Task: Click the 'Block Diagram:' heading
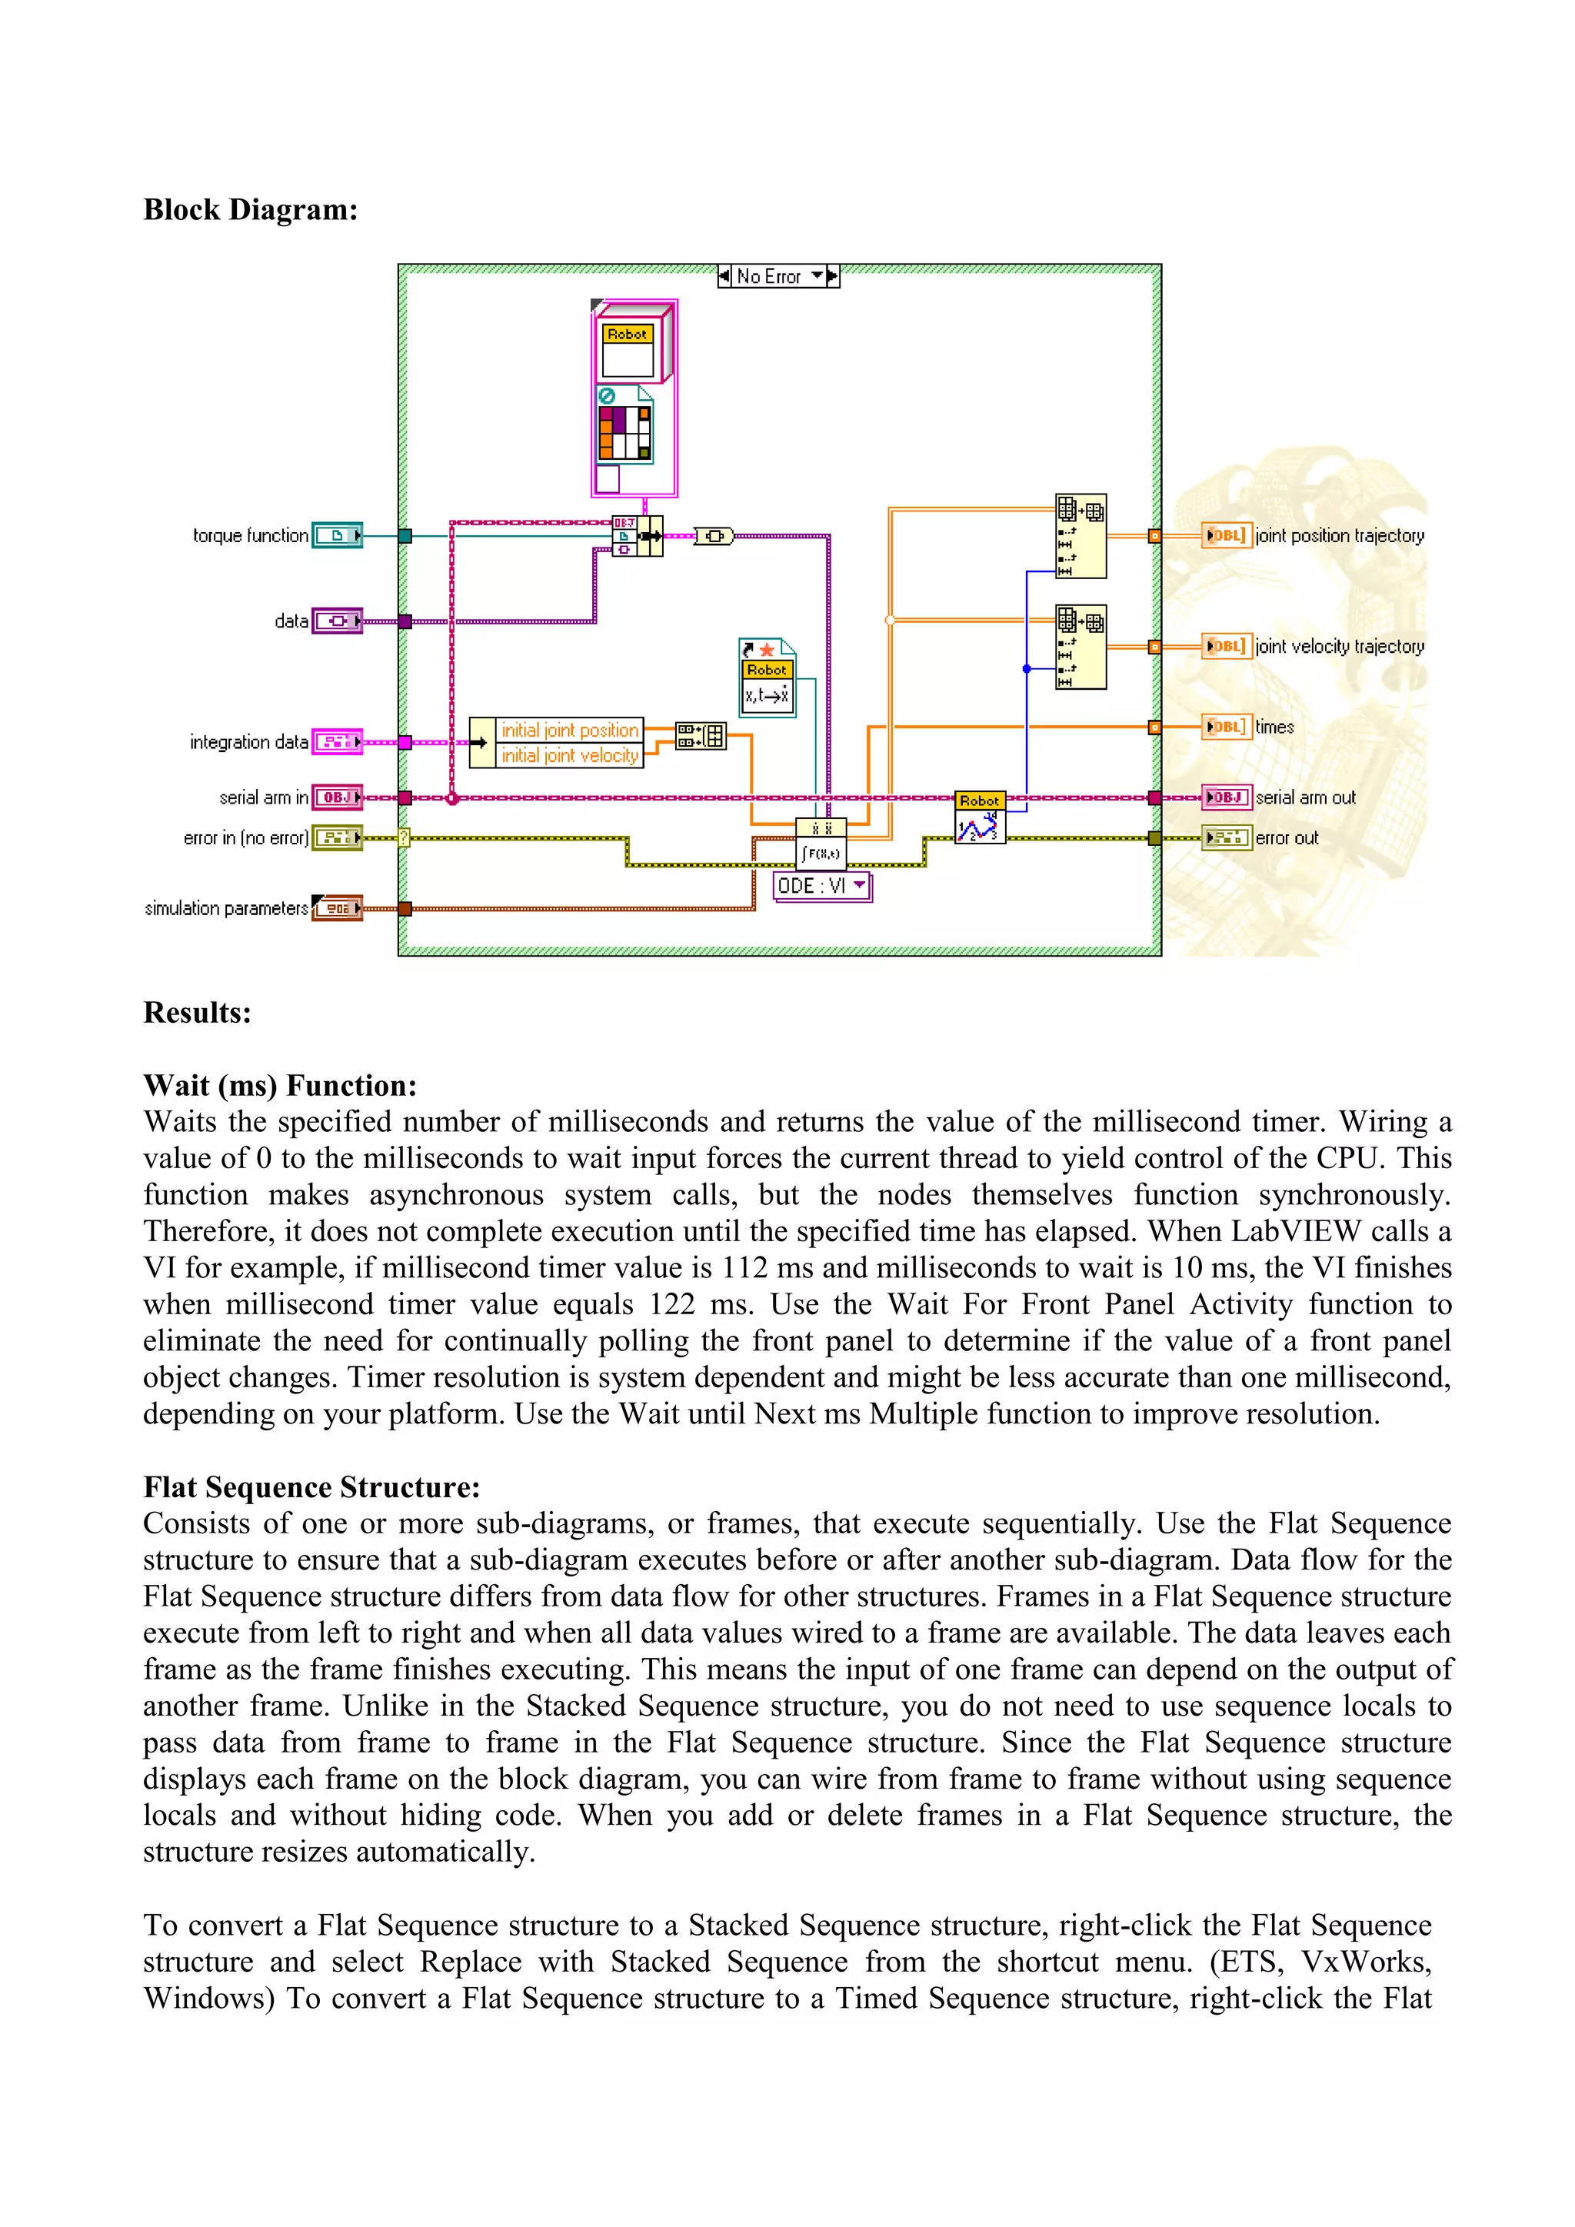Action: pos(250,209)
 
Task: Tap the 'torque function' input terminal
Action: pos(337,535)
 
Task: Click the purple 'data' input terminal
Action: pos(337,621)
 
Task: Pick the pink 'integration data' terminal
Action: pos(337,742)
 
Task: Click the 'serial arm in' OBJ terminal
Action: pos(337,797)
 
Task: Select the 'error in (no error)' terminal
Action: pos(337,837)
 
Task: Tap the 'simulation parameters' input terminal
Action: pos(337,908)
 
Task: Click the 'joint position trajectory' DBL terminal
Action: pos(1227,535)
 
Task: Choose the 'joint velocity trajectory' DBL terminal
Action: pos(1227,646)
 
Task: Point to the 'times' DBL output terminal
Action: pos(1227,727)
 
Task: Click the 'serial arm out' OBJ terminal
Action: pos(1227,797)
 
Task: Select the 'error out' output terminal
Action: pos(1227,837)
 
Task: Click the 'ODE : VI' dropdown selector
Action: pos(821,886)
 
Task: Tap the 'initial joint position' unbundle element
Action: pos(569,731)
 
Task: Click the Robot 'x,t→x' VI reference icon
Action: pos(768,678)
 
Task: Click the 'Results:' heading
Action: pos(197,1013)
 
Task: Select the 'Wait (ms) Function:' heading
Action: pos(279,1085)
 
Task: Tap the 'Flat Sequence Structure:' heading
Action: pos(311,1487)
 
